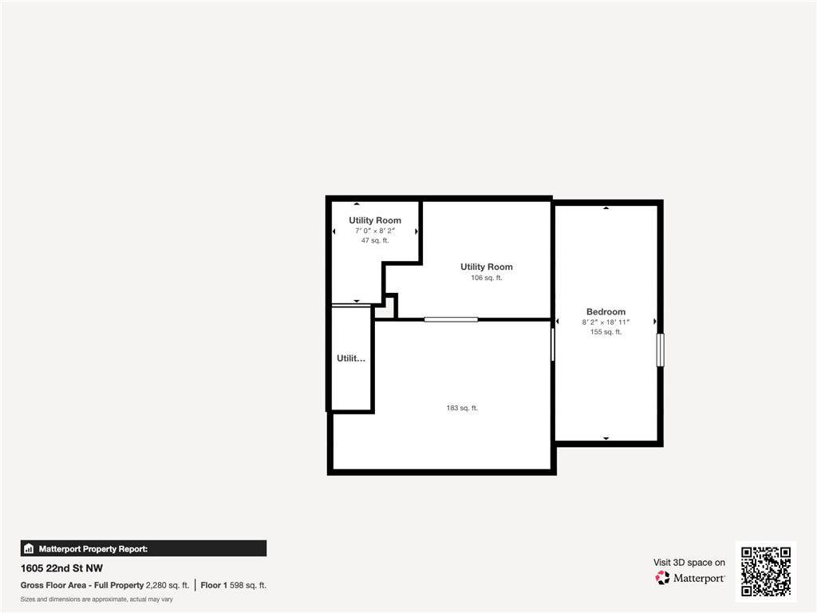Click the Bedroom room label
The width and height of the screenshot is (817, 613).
[x=606, y=311]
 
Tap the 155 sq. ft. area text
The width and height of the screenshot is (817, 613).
[x=606, y=332]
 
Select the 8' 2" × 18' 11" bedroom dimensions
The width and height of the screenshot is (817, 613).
[x=606, y=322]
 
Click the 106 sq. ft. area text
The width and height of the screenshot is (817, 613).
[x=487, y=278]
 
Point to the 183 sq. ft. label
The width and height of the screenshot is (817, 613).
[x=462, y=408]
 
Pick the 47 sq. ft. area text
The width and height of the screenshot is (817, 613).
[x=375, y=240]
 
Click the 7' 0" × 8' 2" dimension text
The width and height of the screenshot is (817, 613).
[x=375, y=231]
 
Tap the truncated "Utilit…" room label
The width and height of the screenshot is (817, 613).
[x=351, y=358]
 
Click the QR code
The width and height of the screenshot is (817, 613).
[x=765, y=571]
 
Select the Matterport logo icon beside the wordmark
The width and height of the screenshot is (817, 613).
[x=662, y=578]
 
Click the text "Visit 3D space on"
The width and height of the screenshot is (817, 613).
[x=689, y=563]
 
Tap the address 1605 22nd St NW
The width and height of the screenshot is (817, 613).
[x=61, y=569]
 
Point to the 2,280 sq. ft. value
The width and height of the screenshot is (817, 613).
[x=168, y=585]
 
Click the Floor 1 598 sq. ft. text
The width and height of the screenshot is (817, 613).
[x=233, y=585]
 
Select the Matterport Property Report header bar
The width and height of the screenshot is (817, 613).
[x=144, y=548]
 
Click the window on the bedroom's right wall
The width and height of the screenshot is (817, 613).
[x=660, y=350]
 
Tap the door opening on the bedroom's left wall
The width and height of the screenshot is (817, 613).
[x=553, y=344]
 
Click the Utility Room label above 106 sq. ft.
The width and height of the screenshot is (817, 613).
[x=487, y=267]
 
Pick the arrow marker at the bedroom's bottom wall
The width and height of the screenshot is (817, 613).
[x=606, y=438]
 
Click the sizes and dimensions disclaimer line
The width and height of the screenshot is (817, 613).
[x=97, y=599]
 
